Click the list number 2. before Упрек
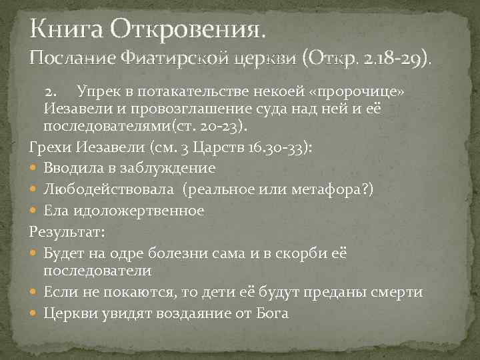pos(54,90)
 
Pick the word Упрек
pos(97,90)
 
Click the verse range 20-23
pos(236,125)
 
